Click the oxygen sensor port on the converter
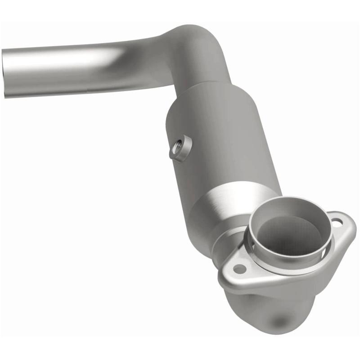pyautogui.click(x=180, y=147)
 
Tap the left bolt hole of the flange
pyautogui.click(x=239, y=269)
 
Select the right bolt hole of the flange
pyautogui.click(x=337, y=221)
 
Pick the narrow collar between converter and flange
pyautogui.click(x=225, y=238)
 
